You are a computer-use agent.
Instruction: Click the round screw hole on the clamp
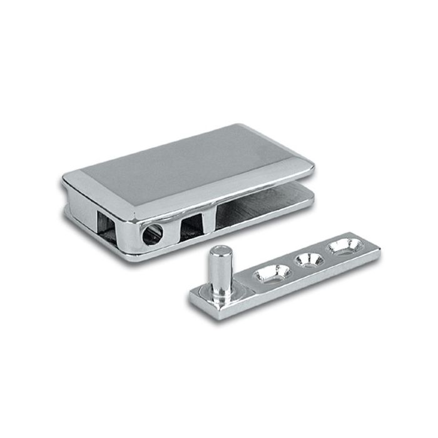152,235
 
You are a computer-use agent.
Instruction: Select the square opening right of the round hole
192,223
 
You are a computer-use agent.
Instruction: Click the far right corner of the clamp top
311,167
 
